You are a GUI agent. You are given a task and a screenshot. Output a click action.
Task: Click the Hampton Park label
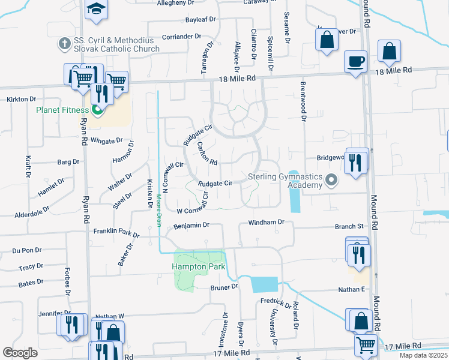click(x=197, y=266)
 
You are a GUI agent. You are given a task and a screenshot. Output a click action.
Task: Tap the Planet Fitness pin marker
click(x=97, y=110)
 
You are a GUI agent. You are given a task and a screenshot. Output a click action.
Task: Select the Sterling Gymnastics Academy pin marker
click(x=331, y=180)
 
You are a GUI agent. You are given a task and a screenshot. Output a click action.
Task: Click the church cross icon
click(x=64, y=44)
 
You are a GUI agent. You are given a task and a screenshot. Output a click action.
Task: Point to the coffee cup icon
click(x=355, y=61)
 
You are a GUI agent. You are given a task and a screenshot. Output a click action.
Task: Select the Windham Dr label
click(x=265, y=223)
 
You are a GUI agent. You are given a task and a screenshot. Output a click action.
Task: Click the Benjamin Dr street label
click(x=190, y=226)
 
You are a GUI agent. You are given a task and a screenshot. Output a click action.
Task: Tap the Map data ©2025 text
click(x=423, y=355)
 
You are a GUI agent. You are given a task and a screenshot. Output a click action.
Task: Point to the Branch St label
click(x=349, y=227)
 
